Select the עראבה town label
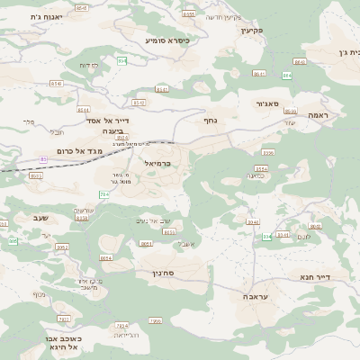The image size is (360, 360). [x=254, y=296]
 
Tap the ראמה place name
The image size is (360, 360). [x=319, y=115]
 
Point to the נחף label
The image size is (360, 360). [x=210, y=120]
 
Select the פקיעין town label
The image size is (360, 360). [x=250, y=30]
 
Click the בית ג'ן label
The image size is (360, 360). [x=347, y=52]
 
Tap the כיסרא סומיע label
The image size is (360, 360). [x=166, y=40]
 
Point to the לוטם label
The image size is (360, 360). [x=303, y=237]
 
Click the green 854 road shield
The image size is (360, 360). [x=121, y=60]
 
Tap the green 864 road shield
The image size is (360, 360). [x=286, y=76]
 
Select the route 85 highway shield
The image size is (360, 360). [x=42, y=159]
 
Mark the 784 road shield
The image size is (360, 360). [x=104, y=194]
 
